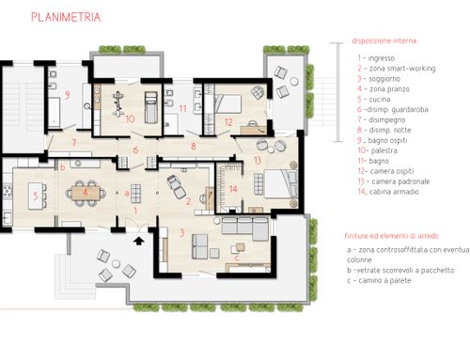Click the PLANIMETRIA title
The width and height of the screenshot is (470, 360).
(66, 17)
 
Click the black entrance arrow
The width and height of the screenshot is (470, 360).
(139, 241)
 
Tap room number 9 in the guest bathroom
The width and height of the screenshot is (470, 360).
(67, 95)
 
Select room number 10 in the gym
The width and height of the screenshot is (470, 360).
(130, 118)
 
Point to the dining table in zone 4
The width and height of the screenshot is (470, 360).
(86, 192)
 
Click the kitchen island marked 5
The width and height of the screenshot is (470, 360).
(36, 196)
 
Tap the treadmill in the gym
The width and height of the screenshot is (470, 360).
(151, 107)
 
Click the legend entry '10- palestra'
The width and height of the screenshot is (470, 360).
(378, 150)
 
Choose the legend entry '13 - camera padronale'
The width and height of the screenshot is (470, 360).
(394, 181)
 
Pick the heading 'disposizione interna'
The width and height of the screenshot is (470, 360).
(384, 40)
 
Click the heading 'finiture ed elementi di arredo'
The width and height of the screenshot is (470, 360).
(391, 236)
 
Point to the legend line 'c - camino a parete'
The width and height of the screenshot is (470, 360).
(379, 280)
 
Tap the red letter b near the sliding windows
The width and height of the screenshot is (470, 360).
(63, 167)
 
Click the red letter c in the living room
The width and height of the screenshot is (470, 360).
(237, 258)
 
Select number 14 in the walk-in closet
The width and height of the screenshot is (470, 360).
(233, 189)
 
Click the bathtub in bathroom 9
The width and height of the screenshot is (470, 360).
(54, 112)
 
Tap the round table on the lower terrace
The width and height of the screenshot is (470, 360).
(116, 263)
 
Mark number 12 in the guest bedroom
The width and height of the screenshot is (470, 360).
(228, 122)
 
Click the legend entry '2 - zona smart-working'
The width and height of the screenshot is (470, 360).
(397, 69)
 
